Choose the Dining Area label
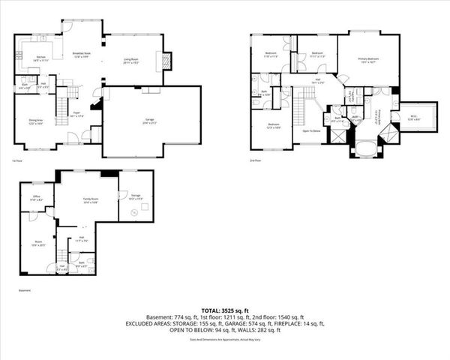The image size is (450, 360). (x=35, y=121)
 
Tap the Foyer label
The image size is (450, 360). (x=76, y=115)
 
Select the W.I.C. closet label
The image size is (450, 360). (x=414, y=117)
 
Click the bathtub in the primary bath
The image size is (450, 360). (x=366, y=148)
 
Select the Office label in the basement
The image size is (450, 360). (x=35, y=199)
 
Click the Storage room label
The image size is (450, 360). (x=135, y=198)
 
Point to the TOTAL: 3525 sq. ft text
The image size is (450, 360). (x=226, y=309)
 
